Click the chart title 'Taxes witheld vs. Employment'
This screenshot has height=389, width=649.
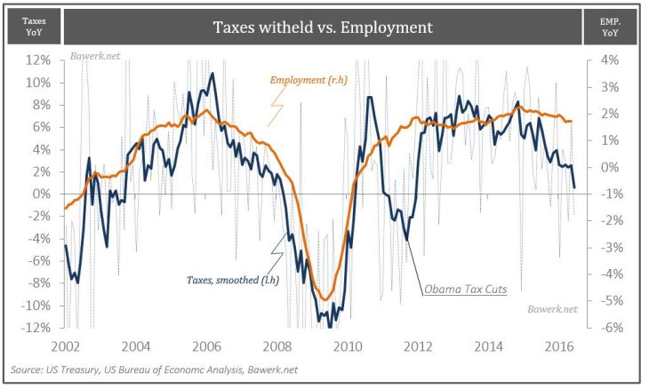[x=322, y=28]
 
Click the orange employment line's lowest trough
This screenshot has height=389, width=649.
[x=325, y=298]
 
